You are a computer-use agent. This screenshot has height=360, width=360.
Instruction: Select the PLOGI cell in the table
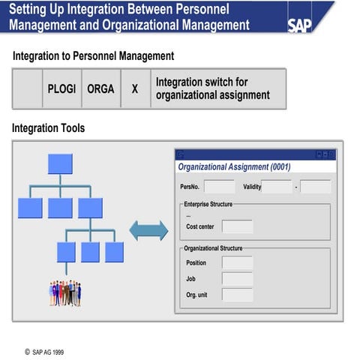[61, 88]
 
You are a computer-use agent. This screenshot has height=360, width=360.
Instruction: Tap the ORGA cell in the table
[100, 88]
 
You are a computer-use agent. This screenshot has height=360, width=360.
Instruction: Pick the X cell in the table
[135, 88]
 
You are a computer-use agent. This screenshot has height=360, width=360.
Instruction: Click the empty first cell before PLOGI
[28, 88]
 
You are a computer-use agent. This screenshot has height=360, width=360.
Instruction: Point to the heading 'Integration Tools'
[48, 128]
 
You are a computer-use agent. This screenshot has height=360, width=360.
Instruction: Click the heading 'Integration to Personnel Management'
[93, 56]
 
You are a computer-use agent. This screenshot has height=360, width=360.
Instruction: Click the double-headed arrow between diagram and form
[148, 230]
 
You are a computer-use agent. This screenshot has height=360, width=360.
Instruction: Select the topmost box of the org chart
[59, 163]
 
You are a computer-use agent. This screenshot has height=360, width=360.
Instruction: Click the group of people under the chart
[65, 292]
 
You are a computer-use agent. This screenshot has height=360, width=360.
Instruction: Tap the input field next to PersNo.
[219, 187]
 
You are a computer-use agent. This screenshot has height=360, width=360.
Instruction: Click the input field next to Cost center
[237, 226]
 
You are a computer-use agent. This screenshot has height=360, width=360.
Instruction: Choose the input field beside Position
[237, 262]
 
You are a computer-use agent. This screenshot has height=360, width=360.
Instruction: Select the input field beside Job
[237, 279]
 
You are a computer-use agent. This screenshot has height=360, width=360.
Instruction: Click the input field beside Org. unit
[237, 295]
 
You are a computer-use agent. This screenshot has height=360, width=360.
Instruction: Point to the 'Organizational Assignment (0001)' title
[234, 166]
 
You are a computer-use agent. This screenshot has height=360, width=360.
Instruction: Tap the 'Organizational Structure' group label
[213, 247]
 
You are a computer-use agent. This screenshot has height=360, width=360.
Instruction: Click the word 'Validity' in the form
[252, 187]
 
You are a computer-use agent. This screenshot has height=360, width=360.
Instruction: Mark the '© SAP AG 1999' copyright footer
[49, 349]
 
